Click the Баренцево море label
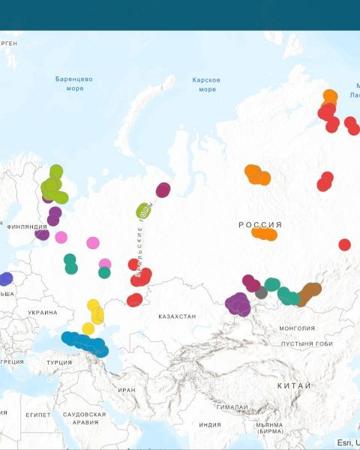tap(73, 83)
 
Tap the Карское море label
tap(206, 84)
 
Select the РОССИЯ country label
tap(260, 224)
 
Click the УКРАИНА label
tap(42, 312)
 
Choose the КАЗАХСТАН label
tap(177, 316)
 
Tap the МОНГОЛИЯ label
tap(297, 328)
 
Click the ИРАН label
tap(127, 390)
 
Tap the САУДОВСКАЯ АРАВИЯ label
tap(84, 418)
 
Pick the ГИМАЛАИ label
tap(232, 406)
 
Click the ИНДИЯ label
tap(210, 424)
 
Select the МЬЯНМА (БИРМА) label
tap(268, 428)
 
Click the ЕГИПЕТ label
tap(38, 414)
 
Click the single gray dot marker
tap(261, 292)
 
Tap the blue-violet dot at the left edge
tap(5, 279)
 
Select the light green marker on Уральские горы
tap(143, 211)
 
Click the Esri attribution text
tap(347, 442)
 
